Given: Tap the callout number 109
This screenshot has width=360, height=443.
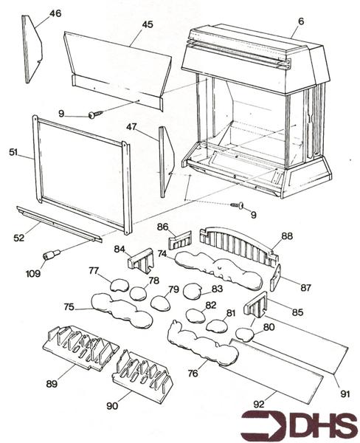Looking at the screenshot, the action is point(33,273).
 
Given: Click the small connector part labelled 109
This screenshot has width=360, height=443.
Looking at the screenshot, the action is point(51,254).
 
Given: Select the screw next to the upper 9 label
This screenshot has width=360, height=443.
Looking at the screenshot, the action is point(96,114).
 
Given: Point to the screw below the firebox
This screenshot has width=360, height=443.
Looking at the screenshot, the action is point(238,205).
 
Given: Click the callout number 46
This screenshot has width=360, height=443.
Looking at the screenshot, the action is point(55,13).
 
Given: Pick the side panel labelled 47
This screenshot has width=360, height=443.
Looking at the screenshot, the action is point(166,162).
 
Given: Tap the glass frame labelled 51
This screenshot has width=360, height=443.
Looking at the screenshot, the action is point(82,174).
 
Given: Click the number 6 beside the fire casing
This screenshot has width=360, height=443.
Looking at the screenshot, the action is point(301,21).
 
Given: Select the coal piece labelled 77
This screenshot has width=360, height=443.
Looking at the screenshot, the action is point(119,285).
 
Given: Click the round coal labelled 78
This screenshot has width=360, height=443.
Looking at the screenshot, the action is point(138,293).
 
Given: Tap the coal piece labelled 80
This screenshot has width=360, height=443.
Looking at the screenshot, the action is point(245,334).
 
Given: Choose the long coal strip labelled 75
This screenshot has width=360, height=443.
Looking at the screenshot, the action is point(122,311).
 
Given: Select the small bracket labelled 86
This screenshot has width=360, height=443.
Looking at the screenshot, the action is point(180,239).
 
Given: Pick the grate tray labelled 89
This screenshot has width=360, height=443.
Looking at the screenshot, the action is point(80,348).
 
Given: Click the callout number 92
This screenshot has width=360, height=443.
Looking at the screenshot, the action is point(259,404).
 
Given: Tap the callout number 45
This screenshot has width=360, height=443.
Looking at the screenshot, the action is point(148,24).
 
